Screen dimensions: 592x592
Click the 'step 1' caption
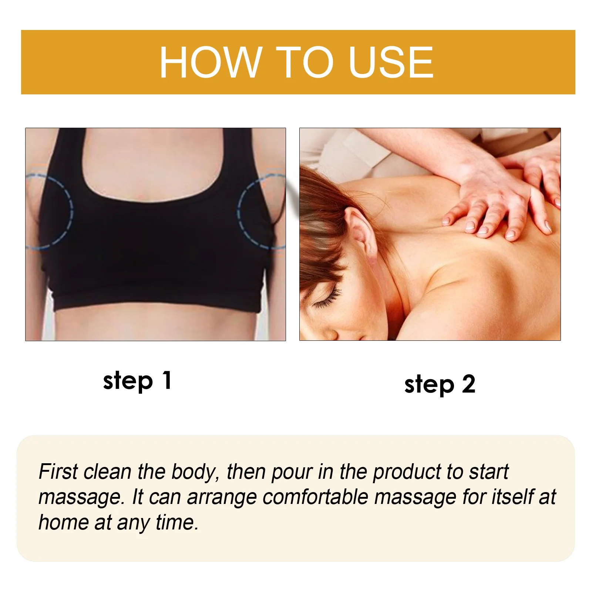[x=137, y=381]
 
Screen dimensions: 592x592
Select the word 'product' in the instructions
[x=407, y=473]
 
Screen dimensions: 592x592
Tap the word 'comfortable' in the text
[x=315, y=497]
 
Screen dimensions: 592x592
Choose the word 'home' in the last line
[x=63, y=522]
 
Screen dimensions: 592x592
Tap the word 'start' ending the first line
[x=489, y=472]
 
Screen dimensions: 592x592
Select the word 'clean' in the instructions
[x=108, y=472]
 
